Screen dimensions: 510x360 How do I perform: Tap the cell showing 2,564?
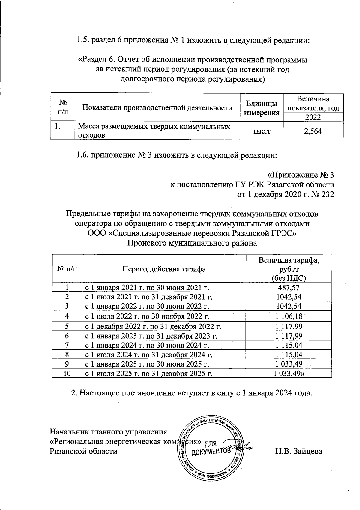click(313, 131)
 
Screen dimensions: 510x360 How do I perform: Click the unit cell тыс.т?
click(261, 131)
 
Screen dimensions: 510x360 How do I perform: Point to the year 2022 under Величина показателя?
click(313, 117)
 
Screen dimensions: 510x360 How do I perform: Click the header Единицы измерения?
click(261, 108)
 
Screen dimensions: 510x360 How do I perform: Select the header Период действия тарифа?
click(164, 269)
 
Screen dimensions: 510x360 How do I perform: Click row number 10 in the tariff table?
click(67, 373)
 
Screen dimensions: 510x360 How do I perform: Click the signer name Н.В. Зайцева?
click(299, 451)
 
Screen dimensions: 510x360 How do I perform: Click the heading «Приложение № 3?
click(300, 175)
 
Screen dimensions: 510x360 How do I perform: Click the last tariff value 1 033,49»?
click(289, 373)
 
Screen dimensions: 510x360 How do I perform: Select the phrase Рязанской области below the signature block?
click(83, 451)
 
